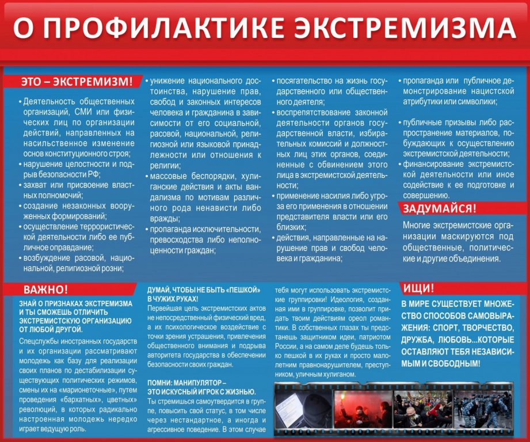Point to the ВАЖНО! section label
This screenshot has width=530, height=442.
point(45,289)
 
